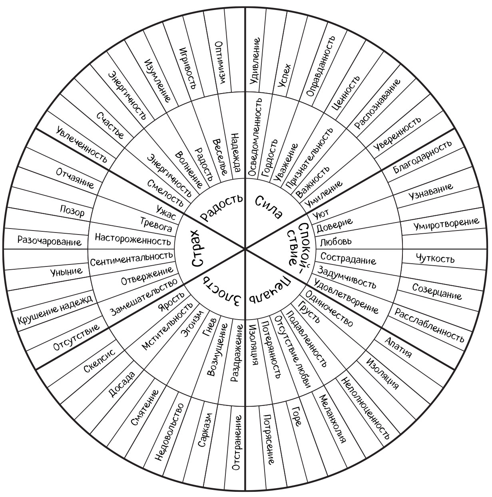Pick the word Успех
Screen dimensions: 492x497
[285, 75]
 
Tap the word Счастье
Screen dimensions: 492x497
[110, 125]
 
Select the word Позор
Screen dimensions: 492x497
[72, 211]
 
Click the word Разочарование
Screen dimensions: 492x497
[49, 241]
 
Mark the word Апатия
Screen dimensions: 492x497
[398, 348]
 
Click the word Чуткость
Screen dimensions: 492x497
[435, 258]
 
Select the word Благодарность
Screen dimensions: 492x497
[422, 157]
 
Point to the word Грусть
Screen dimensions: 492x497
[309, 312]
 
